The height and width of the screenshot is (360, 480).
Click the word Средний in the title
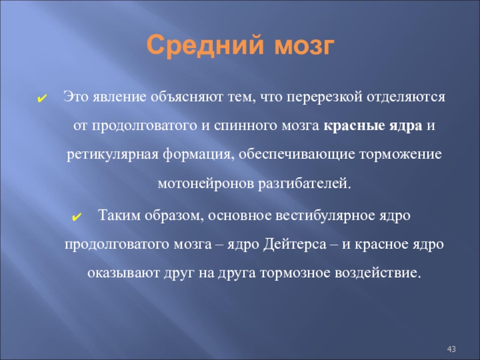click(205, 46)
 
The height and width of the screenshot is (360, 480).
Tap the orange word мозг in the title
click(304, 47)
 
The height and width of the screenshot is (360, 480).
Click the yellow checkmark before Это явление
click(41, 98)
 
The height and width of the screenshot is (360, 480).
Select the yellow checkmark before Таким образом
click(77, 217)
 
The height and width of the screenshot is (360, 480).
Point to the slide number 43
click(451, 349)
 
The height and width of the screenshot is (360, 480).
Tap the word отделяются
click(406, 97)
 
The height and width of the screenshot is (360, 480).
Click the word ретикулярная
click(112, 155)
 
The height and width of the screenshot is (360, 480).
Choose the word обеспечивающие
click(296, 154)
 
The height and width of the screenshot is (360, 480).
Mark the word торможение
click(400, 154)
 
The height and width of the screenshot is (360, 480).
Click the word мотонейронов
click(205, 184)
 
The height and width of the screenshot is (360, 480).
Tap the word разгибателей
click(304, 184)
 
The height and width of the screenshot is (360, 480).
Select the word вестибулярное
click(325, 215)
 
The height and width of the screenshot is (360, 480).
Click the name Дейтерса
click(295, 244)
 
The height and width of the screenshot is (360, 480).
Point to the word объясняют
click(187, 97)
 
